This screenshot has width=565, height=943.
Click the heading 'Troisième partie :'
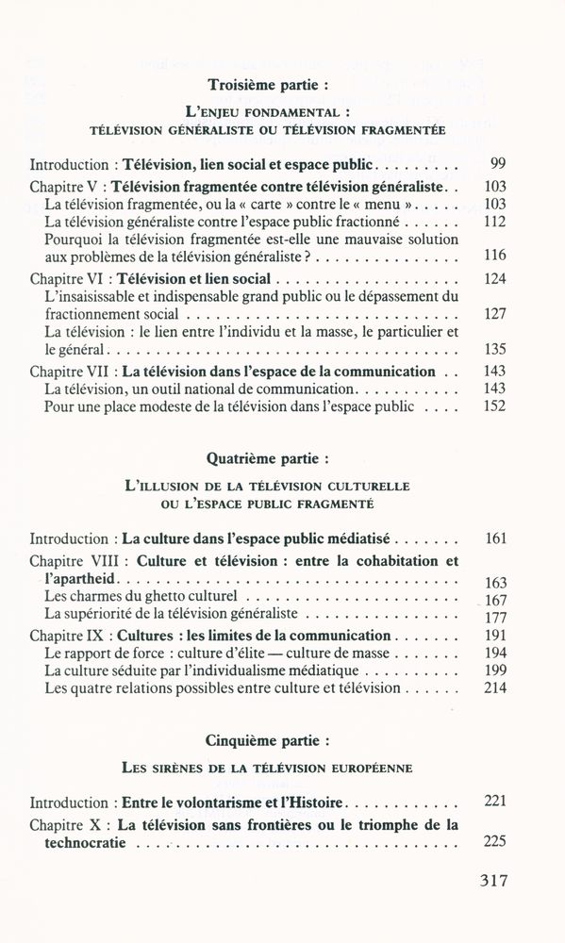point(268,83)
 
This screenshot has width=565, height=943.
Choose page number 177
point(494,617)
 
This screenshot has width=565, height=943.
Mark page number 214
point(494,688)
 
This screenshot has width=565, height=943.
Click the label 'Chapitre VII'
point(72,372)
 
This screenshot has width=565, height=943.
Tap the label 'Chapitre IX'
point(68,636)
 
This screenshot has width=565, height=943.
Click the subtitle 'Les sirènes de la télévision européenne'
point(268,768)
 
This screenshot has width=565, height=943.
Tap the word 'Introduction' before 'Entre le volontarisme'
point(69,802)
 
